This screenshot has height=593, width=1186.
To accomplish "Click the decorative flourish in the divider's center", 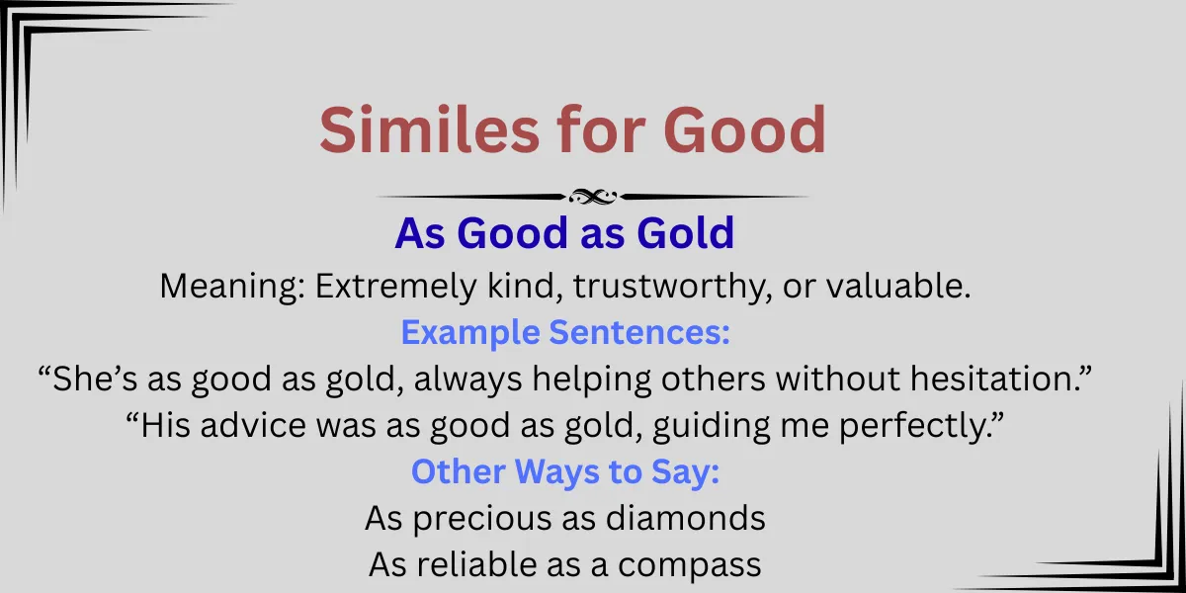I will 592,197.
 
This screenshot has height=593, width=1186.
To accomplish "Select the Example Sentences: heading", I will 565,333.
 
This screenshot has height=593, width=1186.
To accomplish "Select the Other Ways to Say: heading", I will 565,471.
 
